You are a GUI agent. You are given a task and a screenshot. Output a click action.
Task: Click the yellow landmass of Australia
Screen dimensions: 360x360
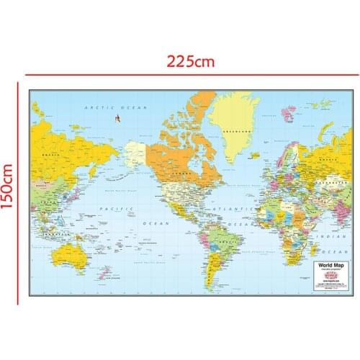(71, 253)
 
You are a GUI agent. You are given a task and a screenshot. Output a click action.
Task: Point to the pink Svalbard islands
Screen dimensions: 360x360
(290, 111)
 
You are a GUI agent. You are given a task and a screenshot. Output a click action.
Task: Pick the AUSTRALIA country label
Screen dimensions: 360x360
(71, 253)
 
